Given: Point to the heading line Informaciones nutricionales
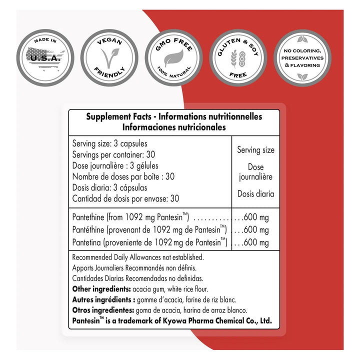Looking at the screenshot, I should (x=174, y=127).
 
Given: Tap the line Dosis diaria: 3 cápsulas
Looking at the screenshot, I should (x=109, y=187).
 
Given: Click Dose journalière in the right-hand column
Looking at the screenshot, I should (x=255, y=171).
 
